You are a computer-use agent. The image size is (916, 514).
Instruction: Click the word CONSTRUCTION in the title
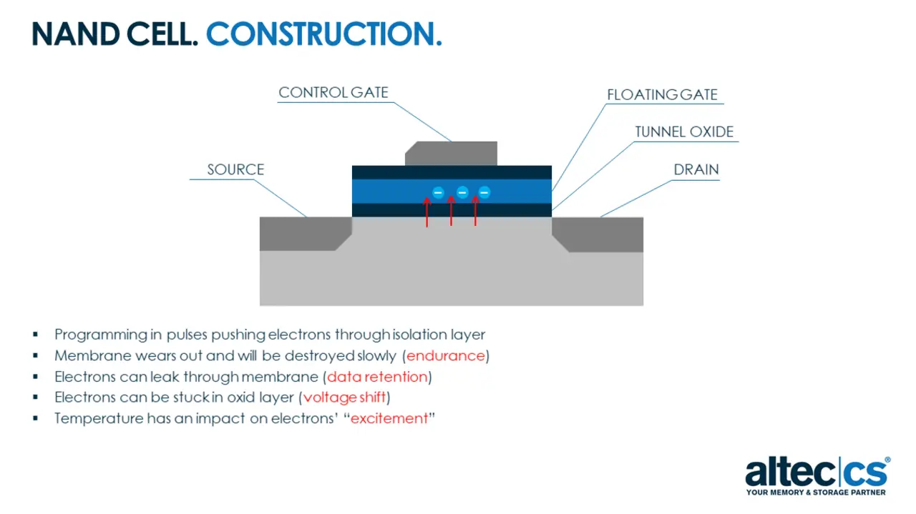(324, 34)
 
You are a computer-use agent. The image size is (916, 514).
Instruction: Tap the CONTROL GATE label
(333, 92)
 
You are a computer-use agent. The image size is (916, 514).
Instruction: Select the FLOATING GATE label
(662, 95)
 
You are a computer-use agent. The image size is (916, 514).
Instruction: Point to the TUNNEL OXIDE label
(684, 132)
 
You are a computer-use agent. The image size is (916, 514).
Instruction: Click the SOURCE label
(235, 169)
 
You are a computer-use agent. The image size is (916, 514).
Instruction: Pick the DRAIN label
(696, 169)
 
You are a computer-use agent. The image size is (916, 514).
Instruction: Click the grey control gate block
(451, 153)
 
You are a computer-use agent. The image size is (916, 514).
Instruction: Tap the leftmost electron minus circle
(438, 192)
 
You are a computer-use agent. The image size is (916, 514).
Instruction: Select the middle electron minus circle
(462, 192)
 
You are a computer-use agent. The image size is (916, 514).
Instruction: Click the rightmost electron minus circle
(484, 192)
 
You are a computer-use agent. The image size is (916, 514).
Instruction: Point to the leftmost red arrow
(427, 212)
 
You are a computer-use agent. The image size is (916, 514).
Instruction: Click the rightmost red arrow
(475, 210)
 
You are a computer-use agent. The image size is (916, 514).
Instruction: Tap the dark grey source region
(305, 233)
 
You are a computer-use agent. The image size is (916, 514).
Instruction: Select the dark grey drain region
(598, 234)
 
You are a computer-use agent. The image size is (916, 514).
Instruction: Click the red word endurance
(445, 355)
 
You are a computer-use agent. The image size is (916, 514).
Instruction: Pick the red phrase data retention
(377, 377)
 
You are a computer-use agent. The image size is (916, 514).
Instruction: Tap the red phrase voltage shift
(344, 397)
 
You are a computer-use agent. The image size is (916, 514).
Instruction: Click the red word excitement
(389, 418)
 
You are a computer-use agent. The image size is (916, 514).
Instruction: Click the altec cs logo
(817, 476)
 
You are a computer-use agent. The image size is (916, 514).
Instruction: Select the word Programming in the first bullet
(101, 335)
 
